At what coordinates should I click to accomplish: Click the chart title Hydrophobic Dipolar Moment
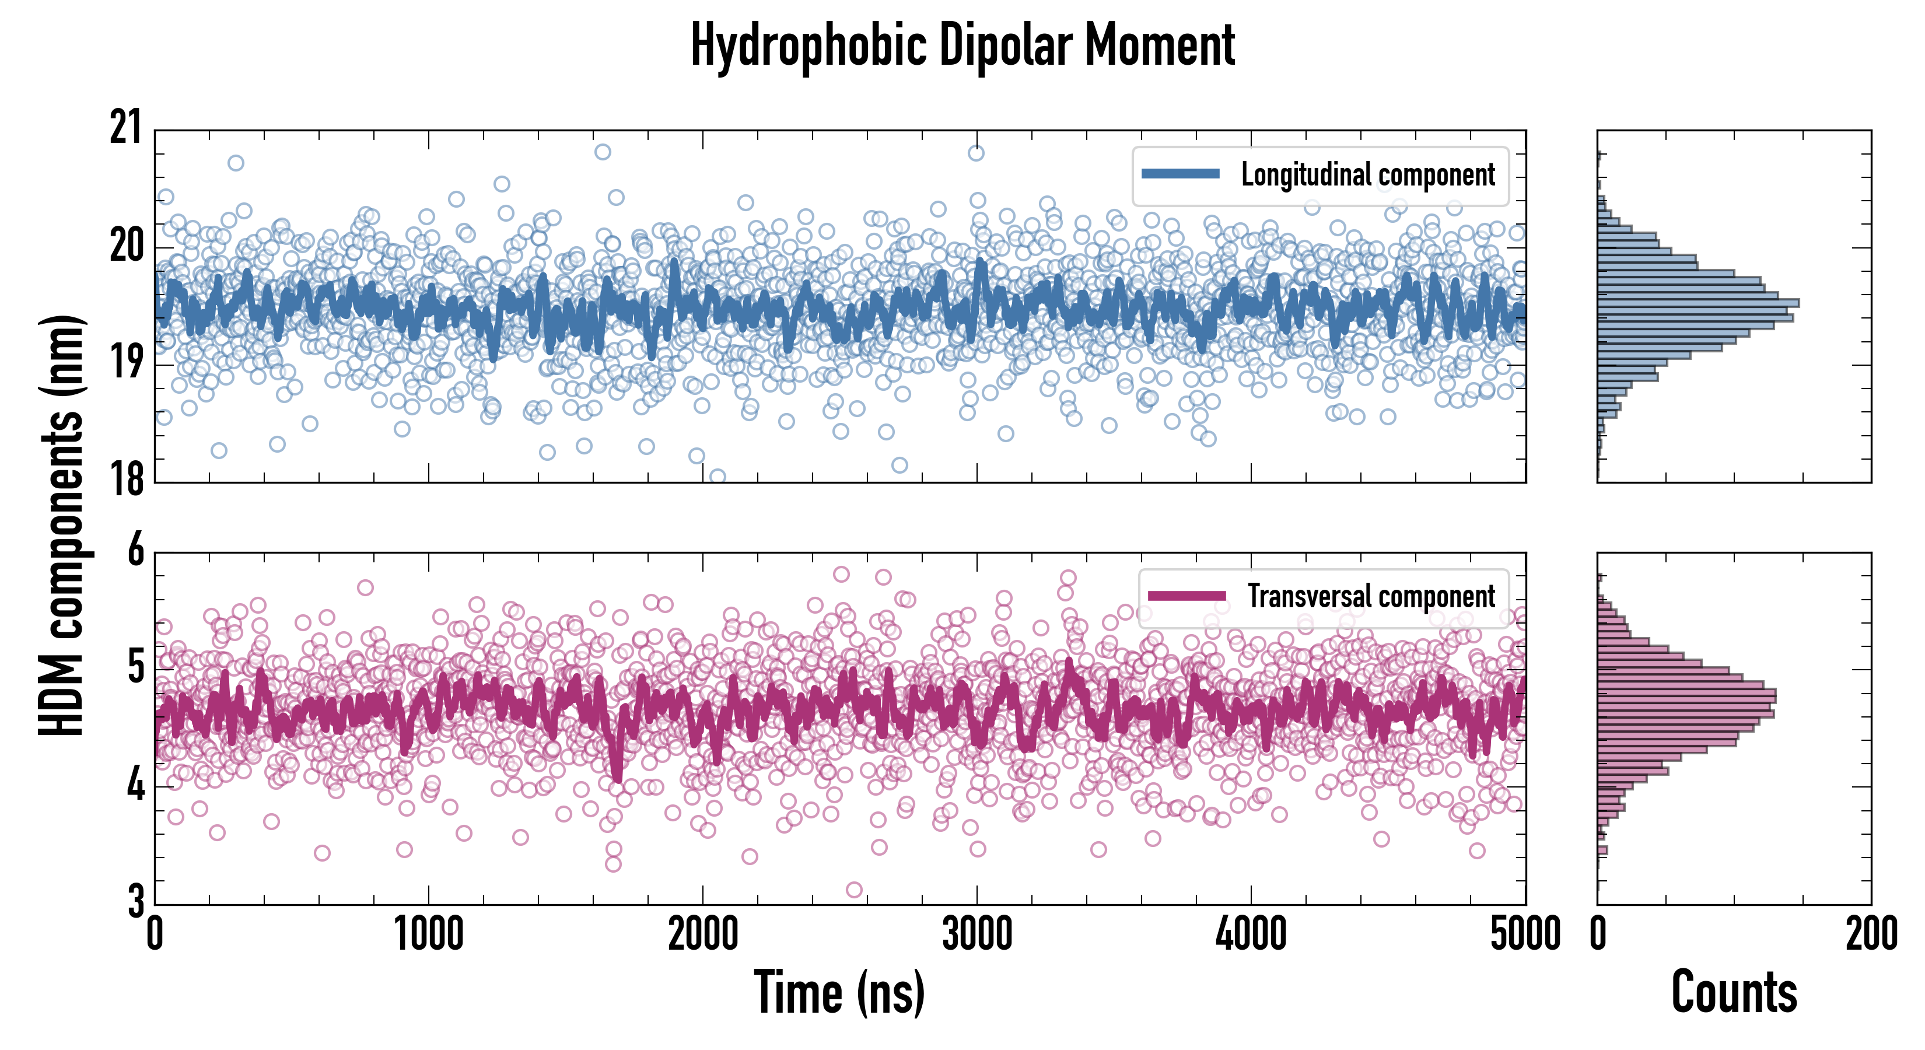click(x=963, y=46)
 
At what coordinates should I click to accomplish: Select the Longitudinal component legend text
click(x=1367, y=175)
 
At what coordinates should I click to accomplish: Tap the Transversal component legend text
click(x=1371, y=596)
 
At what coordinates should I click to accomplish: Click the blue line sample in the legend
click(x=1181, y=174)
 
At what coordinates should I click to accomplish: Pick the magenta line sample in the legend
click(x=1186, y=596)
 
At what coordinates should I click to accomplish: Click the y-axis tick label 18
click(x=125, y=480)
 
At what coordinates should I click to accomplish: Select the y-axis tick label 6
click(x=135, y=551)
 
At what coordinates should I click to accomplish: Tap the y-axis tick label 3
click(x=135, y=901)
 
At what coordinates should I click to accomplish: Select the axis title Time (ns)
click(x=839, y=992)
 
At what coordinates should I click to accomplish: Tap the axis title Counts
click(x=1734, y=992)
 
